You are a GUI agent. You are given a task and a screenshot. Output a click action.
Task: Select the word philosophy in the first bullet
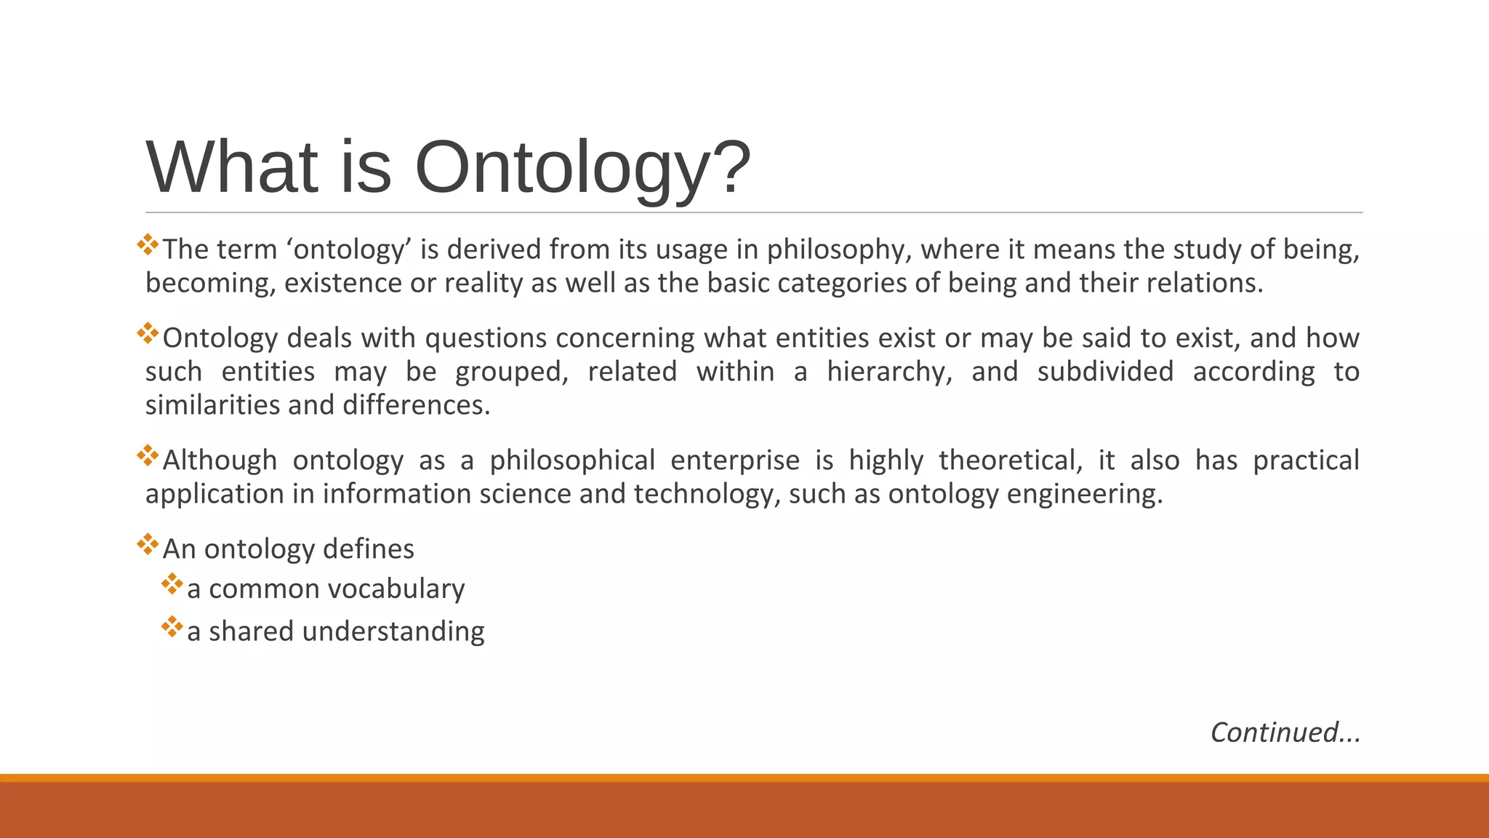[839, 250]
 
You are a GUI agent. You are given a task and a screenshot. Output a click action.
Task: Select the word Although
[220, 460]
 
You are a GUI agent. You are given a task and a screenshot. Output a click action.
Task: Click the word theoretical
[1011, 460]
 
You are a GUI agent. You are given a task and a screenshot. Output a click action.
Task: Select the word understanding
[393, 631]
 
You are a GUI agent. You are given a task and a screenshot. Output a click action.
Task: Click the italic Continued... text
[1285, 733]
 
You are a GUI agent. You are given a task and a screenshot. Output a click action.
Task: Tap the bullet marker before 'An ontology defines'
[148, 544]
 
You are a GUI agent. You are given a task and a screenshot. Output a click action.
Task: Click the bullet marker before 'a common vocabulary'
[172, 584]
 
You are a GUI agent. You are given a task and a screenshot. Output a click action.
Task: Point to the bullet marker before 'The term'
[148, 244]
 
